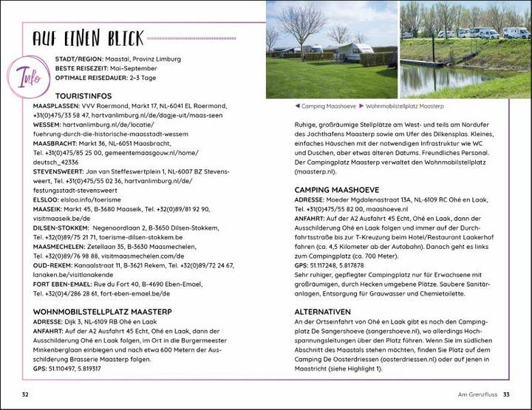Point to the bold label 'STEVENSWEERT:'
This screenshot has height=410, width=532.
[x=61, y=171]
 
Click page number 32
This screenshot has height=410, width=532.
[x=25, y=394]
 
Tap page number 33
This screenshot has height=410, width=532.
[x=506, y=394]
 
